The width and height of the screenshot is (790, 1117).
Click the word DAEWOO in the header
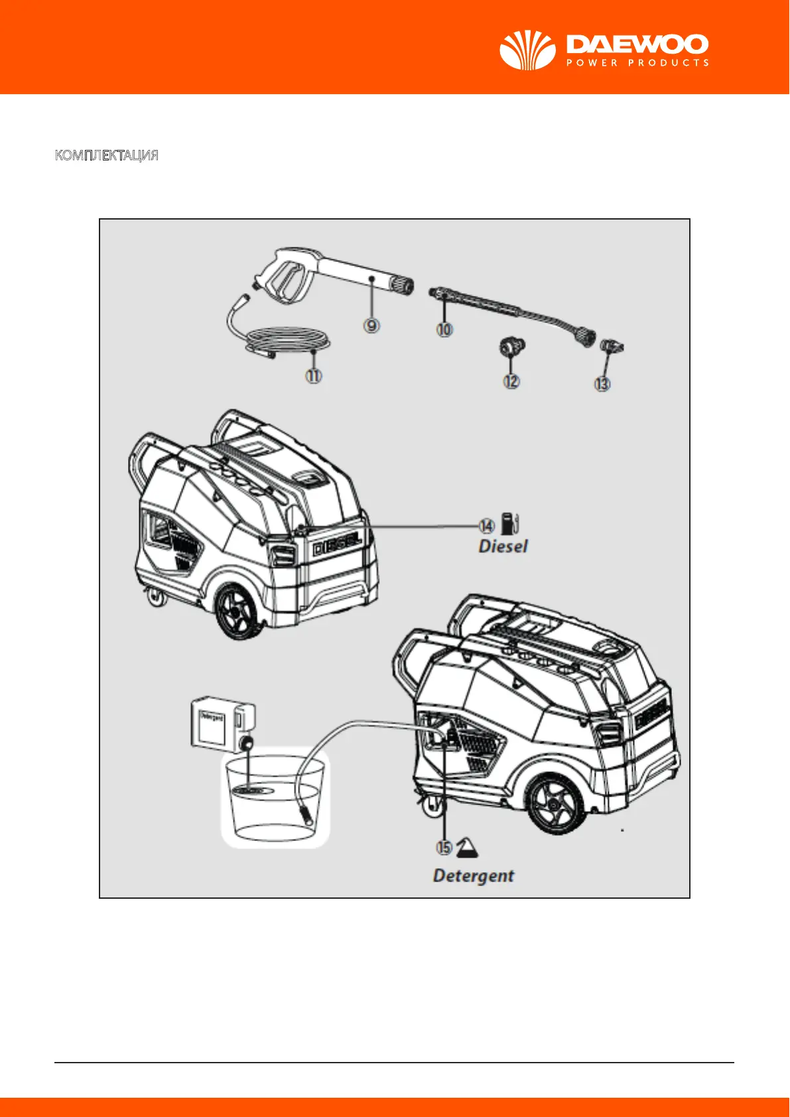click(x=637, y=44)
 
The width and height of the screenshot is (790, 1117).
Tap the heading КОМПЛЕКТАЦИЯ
click(x=106, y=156)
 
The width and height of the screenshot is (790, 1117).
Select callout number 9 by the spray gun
click(x=372, y=325)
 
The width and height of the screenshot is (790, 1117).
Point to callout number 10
click(x=444, y=328)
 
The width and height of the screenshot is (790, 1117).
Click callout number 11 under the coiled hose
click(x=313, y=375)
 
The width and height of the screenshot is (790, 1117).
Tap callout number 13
click(x=602, y=383)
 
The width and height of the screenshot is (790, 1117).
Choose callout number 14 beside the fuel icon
click(x=487, y=526)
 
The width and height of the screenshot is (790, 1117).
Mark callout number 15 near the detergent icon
click(x=444, y=847)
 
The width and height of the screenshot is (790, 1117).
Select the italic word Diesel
click(x=503, y=547)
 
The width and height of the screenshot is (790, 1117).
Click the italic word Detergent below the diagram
click(x=474, y=876)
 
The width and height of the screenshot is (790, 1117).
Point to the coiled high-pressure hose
click(x=285, y=343)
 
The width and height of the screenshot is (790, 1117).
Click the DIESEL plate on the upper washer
click(x=337, y=546)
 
